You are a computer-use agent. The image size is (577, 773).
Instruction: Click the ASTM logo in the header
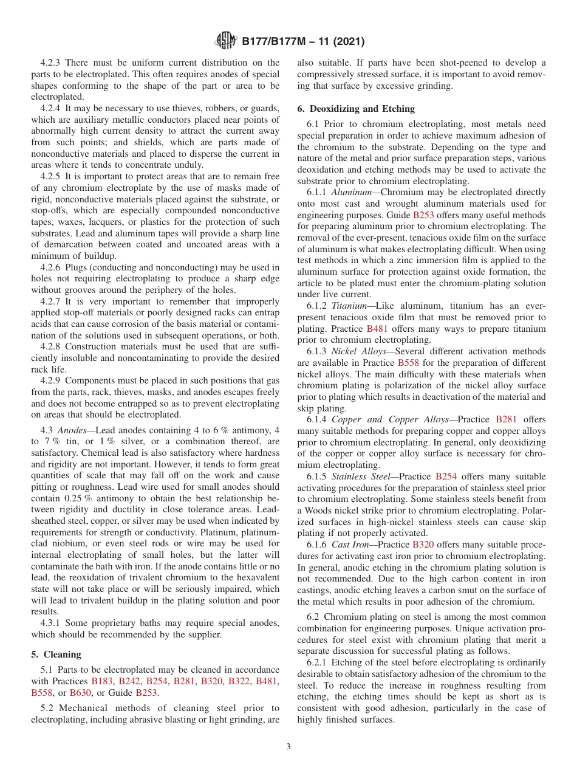click(x=226, y=41)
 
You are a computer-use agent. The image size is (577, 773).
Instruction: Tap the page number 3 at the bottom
click(x=288, y=746)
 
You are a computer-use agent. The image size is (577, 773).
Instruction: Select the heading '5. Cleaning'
click(x=56, y=654)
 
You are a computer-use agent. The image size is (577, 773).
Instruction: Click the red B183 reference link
click(x=102, y=681)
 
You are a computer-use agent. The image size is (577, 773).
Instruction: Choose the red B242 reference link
click(x=129, y=681)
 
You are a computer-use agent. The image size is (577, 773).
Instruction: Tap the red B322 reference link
click(x=239, y=681)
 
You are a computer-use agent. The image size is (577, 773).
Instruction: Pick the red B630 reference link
click(x=81, y=692)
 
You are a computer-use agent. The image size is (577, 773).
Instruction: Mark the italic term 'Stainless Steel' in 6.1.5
click(x=360, y=476)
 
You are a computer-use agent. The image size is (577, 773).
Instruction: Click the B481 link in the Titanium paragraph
click(x=377, y=329)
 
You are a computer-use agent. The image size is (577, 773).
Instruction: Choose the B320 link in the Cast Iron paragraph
click(x=423, y=545)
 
